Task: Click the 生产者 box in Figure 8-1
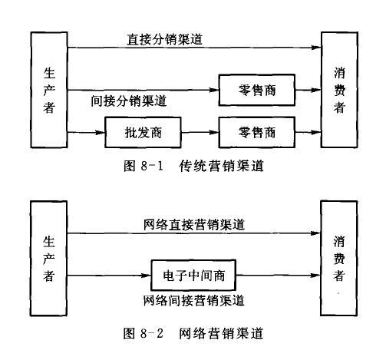click(x=48, y=90)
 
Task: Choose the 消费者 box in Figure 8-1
click(x=339, y=90)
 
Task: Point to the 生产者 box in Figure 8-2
click(x=48, y=256)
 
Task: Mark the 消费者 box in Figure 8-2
click(x=339, y=256)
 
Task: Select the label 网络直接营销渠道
click(x=194, y=224)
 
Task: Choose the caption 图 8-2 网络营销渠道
click(x=193, y=334)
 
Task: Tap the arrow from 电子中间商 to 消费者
click(x=277, y=274)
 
